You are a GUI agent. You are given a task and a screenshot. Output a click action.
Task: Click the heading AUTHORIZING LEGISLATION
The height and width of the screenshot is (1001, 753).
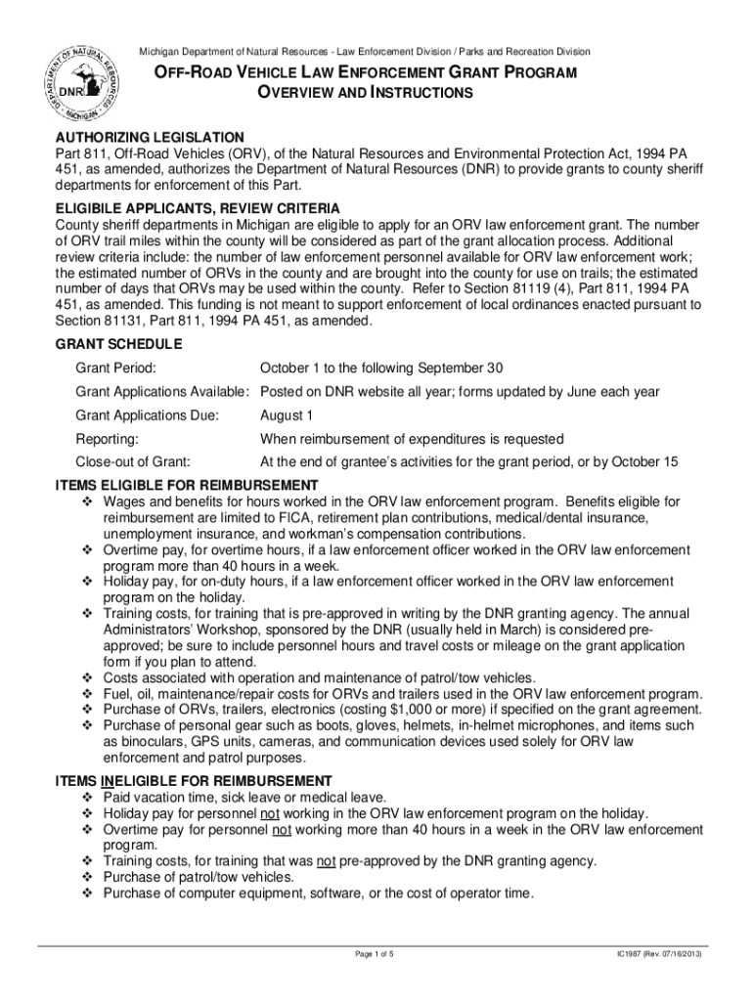150,137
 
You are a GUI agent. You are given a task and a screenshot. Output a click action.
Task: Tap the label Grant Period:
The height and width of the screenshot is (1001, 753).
116,368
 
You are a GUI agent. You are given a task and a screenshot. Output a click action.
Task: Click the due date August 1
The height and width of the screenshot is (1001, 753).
286,415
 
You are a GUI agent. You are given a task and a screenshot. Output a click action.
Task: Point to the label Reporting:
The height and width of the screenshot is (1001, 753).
107,439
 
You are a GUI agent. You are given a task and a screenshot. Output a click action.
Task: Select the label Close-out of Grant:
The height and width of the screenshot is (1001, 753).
132,462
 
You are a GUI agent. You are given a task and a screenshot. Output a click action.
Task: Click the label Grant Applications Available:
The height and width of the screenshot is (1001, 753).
163,392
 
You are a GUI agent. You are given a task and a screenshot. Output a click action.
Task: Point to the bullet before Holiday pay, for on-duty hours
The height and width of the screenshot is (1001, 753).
86,582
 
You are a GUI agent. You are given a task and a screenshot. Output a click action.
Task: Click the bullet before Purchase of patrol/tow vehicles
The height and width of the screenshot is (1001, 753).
86,877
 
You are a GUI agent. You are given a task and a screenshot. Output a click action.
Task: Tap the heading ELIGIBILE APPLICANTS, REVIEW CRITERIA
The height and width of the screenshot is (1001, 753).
198,208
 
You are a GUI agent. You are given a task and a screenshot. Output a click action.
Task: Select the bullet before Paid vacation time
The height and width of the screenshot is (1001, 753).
86,798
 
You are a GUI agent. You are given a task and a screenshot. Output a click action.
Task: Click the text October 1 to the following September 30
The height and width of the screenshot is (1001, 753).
381,368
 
